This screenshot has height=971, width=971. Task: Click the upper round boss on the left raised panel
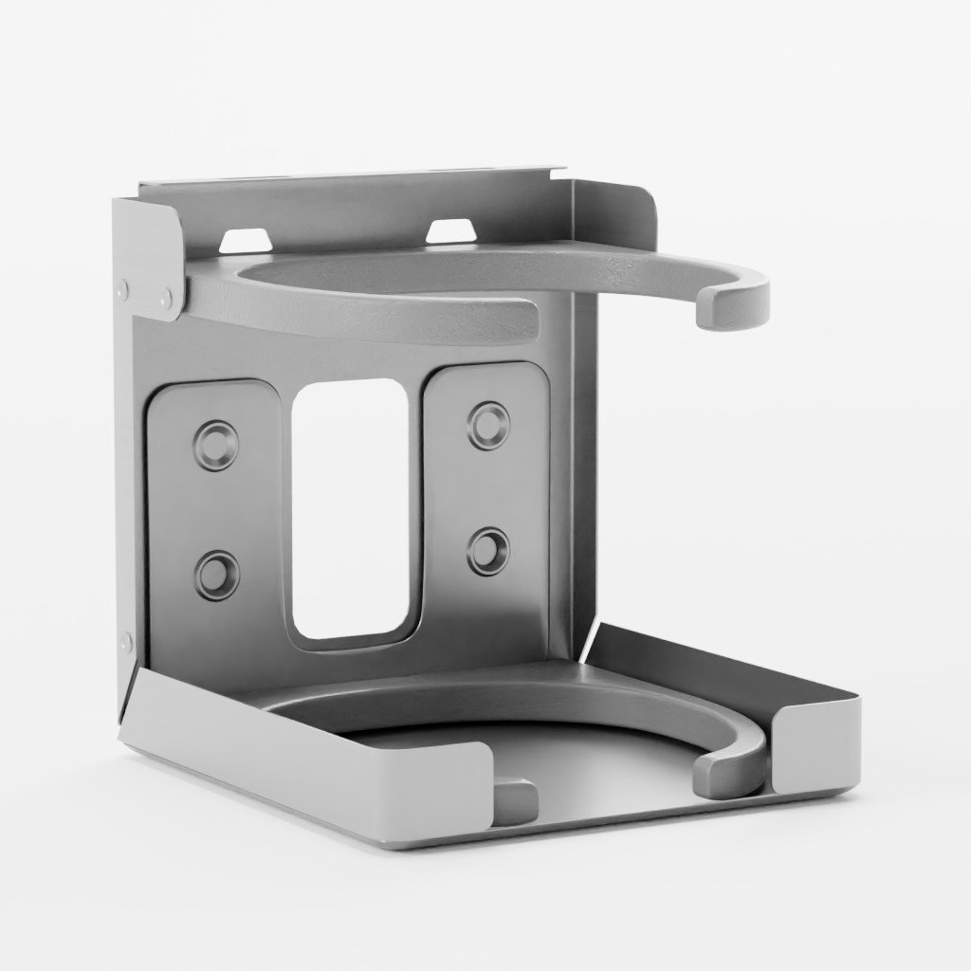click(216, 444)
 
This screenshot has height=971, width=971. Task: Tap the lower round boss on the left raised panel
click(217, 575)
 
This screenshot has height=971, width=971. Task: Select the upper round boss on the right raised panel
click(488, 425)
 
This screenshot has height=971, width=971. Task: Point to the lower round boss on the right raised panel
click(488, 550)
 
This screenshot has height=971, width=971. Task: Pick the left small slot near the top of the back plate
click(244, 239)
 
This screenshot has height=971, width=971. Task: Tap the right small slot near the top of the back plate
click(450, 230)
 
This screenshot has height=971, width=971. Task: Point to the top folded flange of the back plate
click(351, 180)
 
